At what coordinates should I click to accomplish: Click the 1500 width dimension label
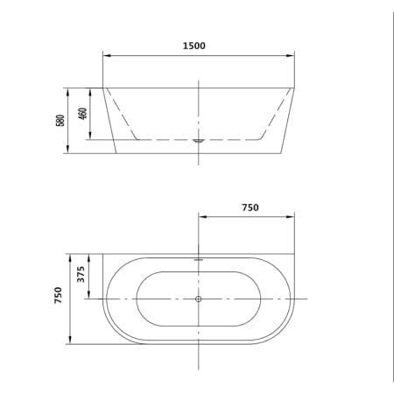pos(194,46)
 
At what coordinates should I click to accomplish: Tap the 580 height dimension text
pos(60,119)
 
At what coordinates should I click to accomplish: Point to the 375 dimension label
pos(81,277)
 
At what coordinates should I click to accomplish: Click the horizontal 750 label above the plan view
pos(250,208)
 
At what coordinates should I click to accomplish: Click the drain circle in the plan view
pos(199,299)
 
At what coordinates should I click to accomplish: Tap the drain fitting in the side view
pos(199,139)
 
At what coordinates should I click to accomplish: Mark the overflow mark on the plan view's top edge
pos(199,258)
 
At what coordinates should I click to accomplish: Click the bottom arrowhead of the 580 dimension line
pos(68,151)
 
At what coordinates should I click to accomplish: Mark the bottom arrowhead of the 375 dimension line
pos(90,297)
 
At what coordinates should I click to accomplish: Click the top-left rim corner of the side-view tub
pos(103,87)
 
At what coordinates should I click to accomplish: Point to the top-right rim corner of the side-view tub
pos(295,87)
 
